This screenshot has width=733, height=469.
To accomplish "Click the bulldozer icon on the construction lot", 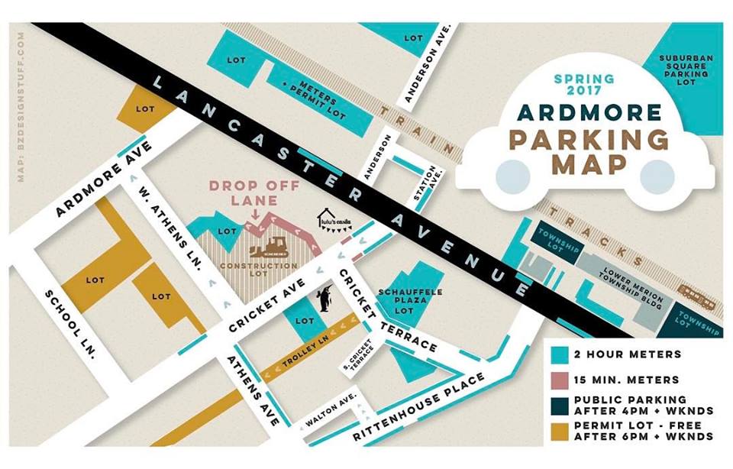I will coord(270,246).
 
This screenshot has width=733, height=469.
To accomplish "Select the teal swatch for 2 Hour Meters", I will coord(560,354).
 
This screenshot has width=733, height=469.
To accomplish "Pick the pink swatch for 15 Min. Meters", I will coord(560,379).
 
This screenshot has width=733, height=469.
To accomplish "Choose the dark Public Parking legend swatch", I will coord(560,404).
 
